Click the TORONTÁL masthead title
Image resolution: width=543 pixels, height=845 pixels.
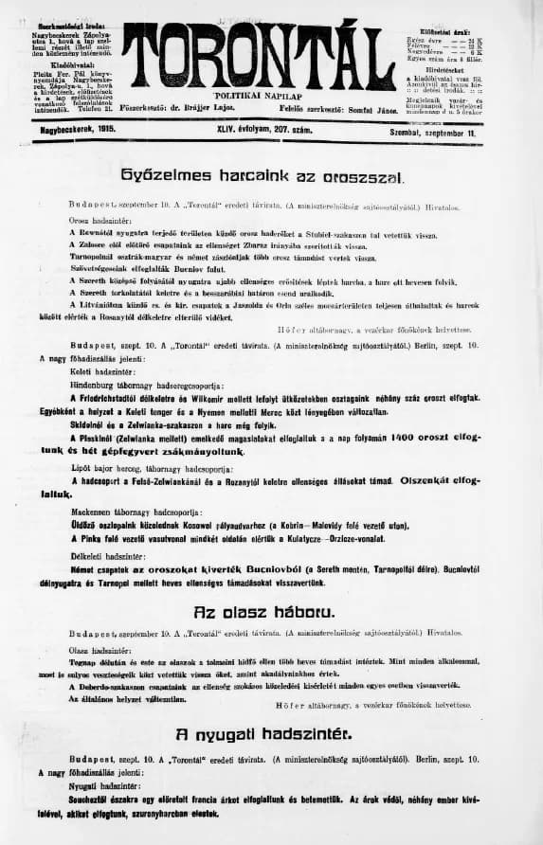pos(258,55)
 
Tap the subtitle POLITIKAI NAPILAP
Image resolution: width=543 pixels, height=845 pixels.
pos(259,96)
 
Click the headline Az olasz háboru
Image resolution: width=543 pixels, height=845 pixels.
pos(262,613)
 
